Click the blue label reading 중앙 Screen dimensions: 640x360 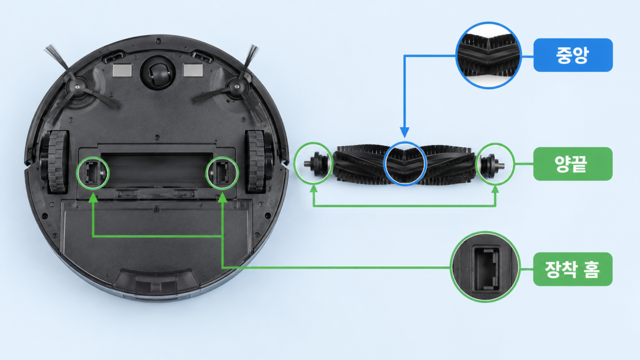click(573, 55)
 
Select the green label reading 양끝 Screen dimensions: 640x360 click(573, 164)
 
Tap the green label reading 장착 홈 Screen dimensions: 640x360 click(573, 269)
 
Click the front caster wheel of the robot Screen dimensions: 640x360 click(158, 73)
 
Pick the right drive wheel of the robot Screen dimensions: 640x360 click(256, 162)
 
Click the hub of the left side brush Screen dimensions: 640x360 click(76, 87)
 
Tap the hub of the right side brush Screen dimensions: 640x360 click(237, 86)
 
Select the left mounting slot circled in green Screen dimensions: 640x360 click(93, 173)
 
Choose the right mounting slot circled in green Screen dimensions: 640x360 click(222, 173)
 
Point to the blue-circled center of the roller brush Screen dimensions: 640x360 click(405, 164)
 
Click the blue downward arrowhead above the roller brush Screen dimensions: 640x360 click(405, 133)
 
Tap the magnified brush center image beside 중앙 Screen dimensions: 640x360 click(489, 55)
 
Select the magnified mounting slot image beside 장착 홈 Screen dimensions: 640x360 click(485, 267)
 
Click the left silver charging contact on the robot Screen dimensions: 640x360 click(122, 70)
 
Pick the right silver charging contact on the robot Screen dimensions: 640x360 click(193, 70)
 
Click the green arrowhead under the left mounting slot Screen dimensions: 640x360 click(93, 198)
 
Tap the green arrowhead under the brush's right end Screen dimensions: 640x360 click(495, 189)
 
